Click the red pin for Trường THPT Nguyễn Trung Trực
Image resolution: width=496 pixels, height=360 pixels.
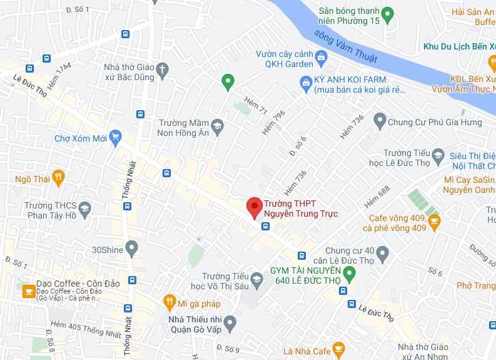(253, 206)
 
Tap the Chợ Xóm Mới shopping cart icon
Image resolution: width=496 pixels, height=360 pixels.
(114, 137)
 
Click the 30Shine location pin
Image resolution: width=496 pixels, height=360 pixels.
(131, 249)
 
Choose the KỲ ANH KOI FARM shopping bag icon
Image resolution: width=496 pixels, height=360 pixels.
(306, 81)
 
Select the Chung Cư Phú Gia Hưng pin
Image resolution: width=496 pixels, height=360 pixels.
(379, 119)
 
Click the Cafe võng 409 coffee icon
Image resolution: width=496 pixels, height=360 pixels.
(434, 219)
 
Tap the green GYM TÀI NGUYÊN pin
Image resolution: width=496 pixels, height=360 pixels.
(350, 274)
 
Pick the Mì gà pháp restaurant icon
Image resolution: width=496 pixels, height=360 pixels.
(169, 304)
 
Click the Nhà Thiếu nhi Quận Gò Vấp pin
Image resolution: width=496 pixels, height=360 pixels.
(230, 323)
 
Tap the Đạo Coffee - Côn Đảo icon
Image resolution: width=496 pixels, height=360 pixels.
(28, 291)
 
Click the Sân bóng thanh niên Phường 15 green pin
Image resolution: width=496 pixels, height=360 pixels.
(387, 13)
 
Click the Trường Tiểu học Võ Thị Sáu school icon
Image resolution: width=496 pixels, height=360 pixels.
(256, 279)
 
